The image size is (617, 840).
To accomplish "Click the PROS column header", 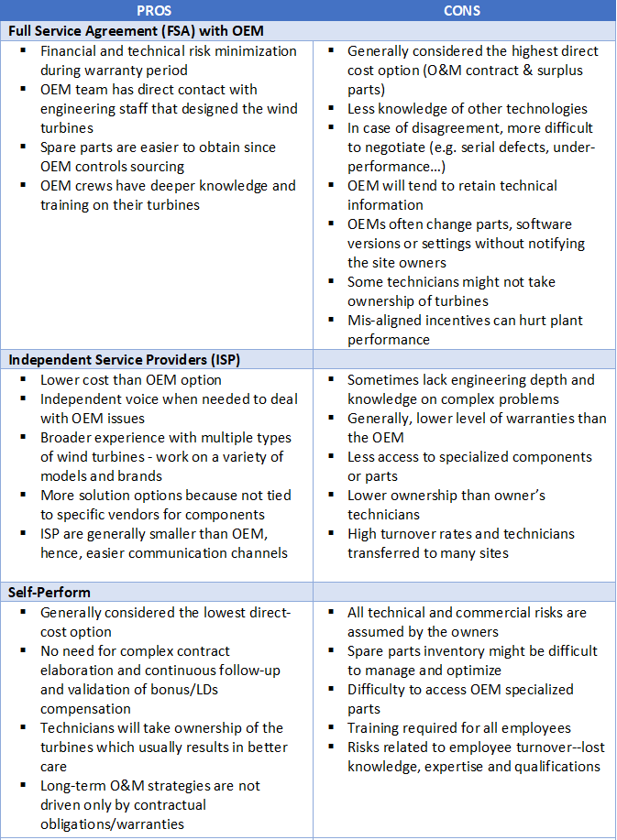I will click(153, 10).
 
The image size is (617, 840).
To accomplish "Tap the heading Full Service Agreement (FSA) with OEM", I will click(135, 30).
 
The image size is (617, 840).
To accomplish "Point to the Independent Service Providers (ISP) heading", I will click(124, 359).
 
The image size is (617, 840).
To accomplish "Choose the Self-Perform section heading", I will click(50, 592).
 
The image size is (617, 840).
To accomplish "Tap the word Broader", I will click(67, 438).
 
